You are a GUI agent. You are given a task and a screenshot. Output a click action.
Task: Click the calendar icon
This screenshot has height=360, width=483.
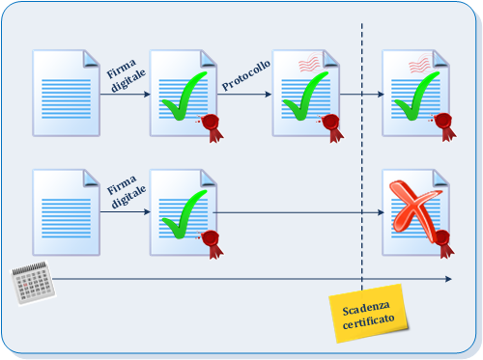point(33,283)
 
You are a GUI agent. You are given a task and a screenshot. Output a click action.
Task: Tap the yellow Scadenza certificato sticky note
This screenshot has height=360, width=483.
point(369,314)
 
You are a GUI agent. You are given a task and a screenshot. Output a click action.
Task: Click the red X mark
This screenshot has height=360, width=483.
point(414,210)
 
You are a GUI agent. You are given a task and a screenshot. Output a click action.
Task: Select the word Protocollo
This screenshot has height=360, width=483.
point(246,75)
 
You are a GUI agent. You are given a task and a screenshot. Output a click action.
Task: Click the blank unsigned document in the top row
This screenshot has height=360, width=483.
point(67,94)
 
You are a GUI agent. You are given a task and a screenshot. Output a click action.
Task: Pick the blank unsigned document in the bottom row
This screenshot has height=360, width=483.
point(67,212)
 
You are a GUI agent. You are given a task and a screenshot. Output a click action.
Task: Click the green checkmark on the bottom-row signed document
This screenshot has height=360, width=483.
point(185,214)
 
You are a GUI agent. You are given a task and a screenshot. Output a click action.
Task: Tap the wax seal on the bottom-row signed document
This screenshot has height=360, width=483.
point(212,243)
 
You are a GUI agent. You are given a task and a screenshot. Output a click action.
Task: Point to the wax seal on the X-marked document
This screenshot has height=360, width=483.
point(444,243)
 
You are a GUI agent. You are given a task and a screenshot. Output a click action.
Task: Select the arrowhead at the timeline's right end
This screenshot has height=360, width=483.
point(448,279)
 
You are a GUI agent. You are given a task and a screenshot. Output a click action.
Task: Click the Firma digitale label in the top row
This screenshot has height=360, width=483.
point(126,76)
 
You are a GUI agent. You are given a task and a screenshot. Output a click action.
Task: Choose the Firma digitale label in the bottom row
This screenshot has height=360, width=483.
point(126,192)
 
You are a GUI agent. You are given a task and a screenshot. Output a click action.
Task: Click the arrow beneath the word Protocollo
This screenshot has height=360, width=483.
point(244,95)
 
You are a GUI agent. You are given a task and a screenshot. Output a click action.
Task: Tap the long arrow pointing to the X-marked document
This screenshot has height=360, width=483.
point(298,212)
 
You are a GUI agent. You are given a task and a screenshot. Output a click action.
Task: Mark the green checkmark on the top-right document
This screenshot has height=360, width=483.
point(417,96)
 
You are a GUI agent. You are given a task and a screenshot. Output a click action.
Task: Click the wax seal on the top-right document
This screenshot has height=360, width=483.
point(443,126)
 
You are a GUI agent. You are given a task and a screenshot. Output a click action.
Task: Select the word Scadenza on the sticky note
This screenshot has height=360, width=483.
point(366,308)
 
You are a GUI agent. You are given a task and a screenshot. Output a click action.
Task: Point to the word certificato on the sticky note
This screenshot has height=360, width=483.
point(369,321)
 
